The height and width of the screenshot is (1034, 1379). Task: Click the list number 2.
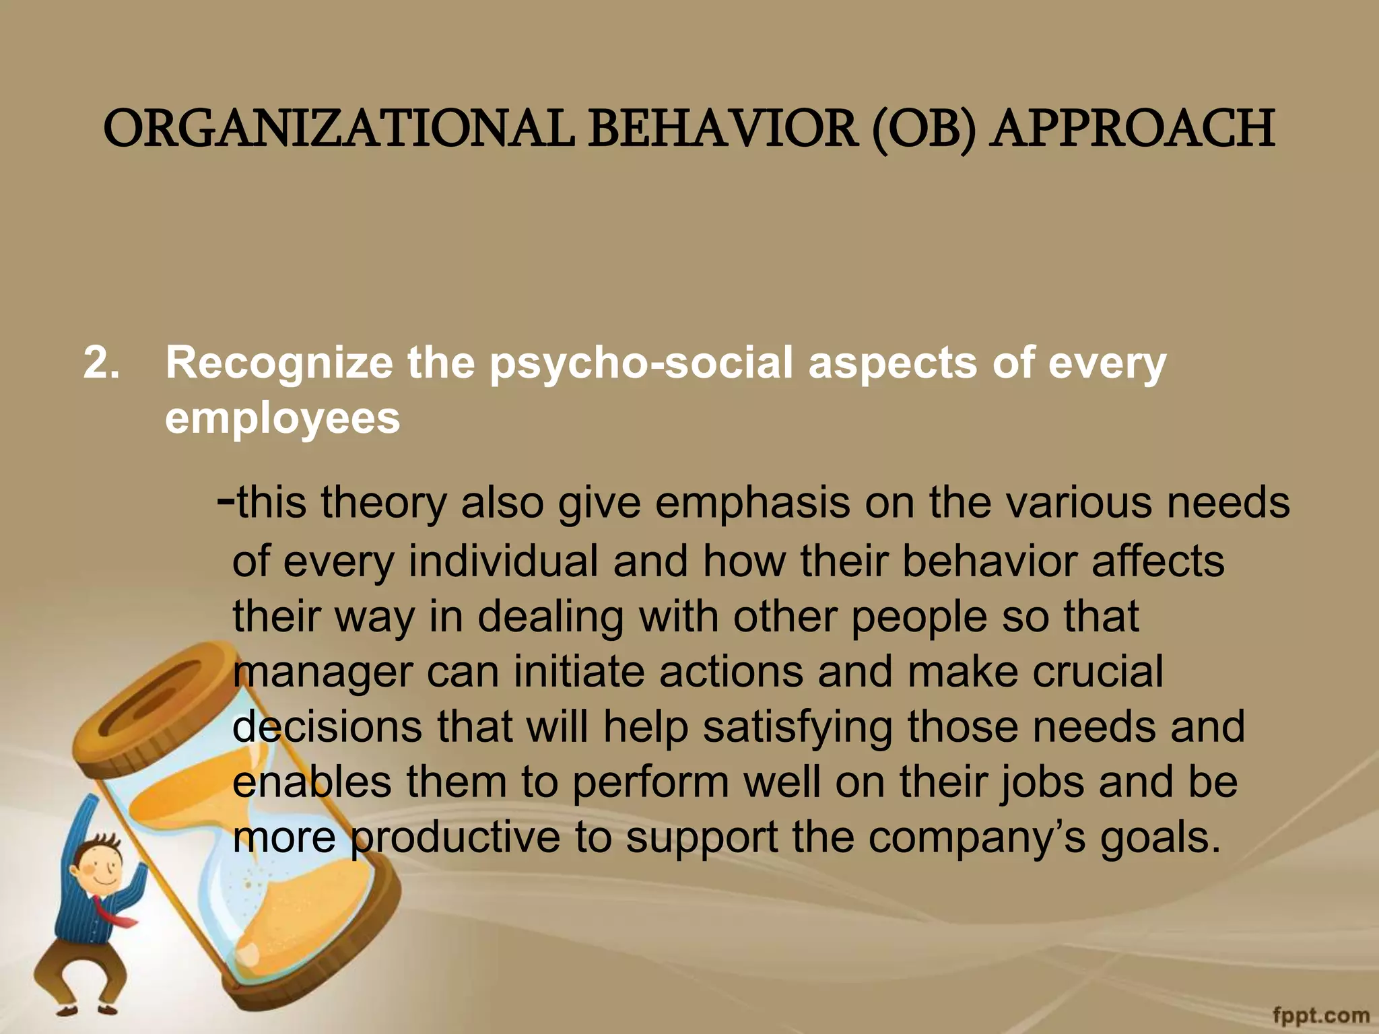point(102,364)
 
